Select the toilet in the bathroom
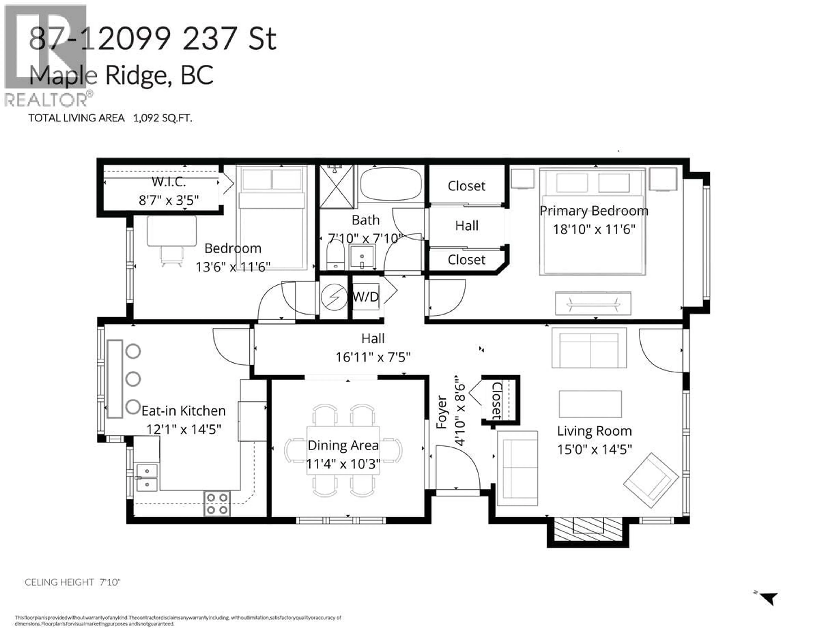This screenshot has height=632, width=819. coord(335,255)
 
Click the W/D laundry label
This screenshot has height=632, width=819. coord(366,297)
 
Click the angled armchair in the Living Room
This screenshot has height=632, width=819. coord(651,480)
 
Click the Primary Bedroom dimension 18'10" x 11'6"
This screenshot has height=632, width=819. coord(594,229)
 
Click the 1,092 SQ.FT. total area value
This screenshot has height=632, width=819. coord(162,118)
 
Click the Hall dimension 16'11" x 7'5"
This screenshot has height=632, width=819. coord(373,357)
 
